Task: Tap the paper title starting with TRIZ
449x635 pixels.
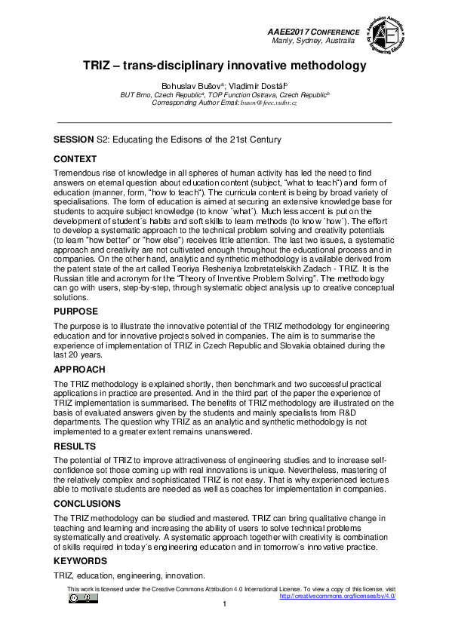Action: tap(224, 66)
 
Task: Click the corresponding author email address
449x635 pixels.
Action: tap(269, 103)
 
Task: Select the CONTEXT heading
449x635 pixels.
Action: tap(75, 159)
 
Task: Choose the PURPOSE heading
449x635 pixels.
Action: tap(76, 310)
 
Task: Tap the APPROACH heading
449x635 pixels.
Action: tap(79, 370)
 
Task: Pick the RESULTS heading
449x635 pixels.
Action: tap(74, 447)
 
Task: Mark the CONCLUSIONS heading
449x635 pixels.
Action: tap(87, 503)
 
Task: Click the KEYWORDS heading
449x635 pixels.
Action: tap(81, 561)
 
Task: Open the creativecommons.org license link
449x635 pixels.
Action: tap(337, 596)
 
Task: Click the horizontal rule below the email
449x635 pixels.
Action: tap(224, 121)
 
